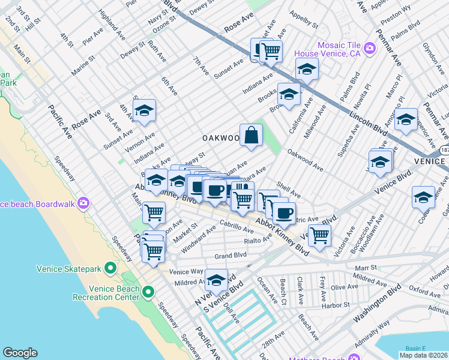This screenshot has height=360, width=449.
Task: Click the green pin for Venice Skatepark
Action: click(110, 268)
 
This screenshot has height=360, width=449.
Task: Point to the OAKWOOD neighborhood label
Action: click(220, 138)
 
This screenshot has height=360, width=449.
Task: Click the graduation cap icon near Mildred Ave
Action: click(216, 280)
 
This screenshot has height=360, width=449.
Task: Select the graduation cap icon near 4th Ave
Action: click(144, 110)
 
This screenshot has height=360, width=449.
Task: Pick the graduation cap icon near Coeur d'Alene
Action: click(423, 197)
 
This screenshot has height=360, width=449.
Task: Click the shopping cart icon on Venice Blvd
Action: click(319, 236)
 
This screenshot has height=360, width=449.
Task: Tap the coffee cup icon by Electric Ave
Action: click(284, 212)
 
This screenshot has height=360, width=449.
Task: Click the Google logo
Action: click(20, 353)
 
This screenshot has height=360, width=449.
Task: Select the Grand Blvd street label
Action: click(231, 256)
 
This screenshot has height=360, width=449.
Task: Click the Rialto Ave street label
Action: click(258, 241)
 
